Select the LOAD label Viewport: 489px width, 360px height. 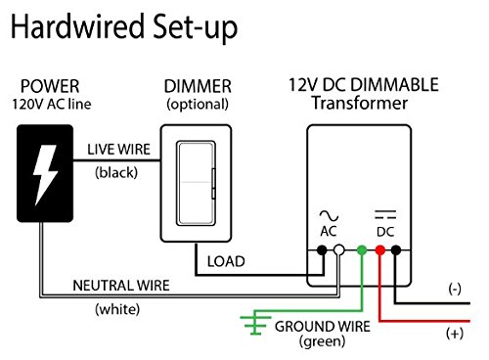tap(225, 261)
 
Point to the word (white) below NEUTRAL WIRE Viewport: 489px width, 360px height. tap(120, 309)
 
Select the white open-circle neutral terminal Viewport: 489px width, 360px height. tap(339, 251)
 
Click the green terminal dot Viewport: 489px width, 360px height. tap(361, 251)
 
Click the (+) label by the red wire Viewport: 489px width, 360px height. tap(453, 334)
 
